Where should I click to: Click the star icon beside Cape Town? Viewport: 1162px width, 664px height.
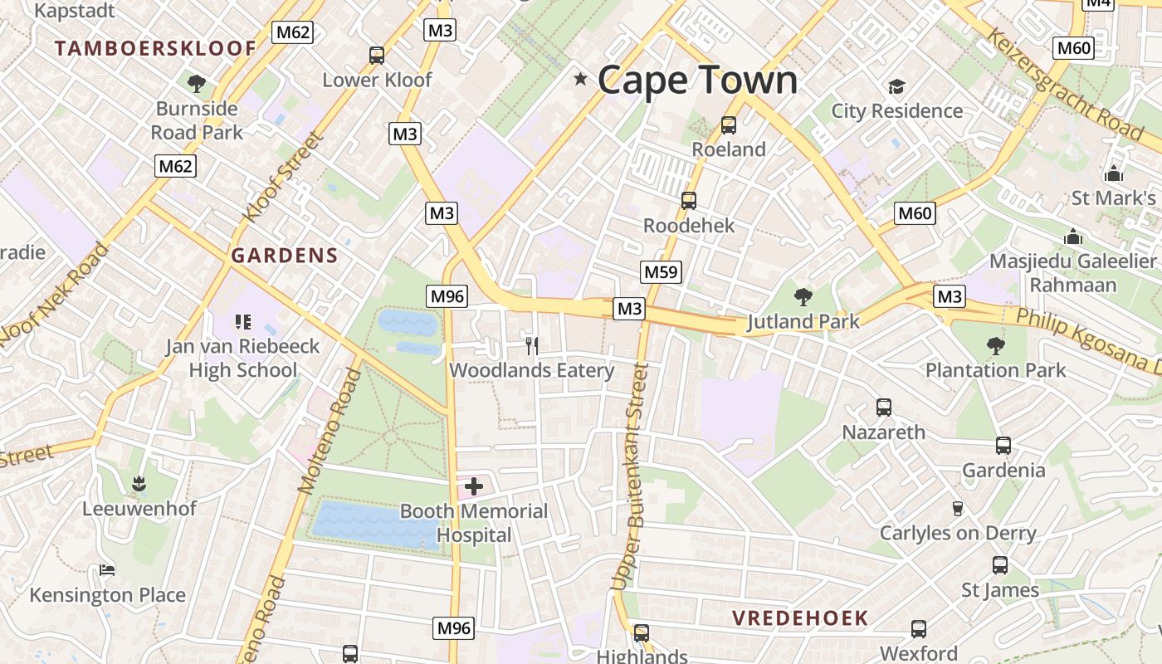[x=581, y=80]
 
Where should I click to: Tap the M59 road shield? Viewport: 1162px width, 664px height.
[x=662, y=271]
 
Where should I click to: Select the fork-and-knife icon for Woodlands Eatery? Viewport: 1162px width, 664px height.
[x=532, y=344]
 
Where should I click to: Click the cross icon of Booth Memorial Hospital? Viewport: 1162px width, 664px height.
[x=474, y=486]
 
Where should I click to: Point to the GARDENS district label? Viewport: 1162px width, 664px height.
[x=285, y=256]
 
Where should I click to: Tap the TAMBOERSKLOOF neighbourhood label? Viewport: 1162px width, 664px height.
[x=156, y=48]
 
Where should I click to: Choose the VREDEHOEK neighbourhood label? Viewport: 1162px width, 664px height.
[x=800, y=618]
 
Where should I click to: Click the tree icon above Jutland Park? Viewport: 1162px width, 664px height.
[x=803, y=296]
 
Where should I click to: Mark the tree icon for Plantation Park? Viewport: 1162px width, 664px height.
[x=995, y=345]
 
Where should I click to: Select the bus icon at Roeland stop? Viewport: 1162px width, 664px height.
[x=729, y=125]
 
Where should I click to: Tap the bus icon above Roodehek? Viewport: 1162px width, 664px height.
[x=689, y=201]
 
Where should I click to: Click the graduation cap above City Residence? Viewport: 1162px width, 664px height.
[x=896, y=86]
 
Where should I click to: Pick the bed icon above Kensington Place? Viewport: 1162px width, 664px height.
[x=107, y=570]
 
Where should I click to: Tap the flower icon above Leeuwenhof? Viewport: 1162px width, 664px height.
[x=139, y=483]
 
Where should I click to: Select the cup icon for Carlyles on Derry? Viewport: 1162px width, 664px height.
[x=957, y=508]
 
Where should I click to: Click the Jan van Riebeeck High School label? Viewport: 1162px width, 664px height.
[x=242, y=358]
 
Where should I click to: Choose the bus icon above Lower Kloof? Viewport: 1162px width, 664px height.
[x=377, y=56]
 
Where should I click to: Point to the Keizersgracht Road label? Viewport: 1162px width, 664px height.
[x=1065, y=83]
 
